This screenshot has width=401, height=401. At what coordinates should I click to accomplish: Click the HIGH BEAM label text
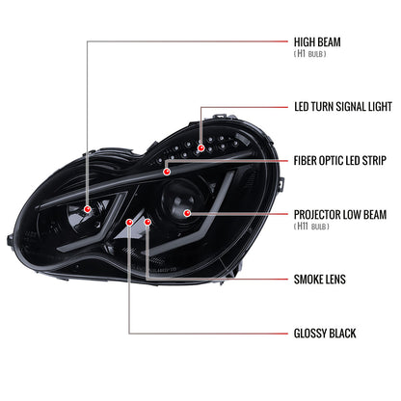[x=317, y=42]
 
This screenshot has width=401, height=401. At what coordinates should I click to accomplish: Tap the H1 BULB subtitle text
[x=310, y=54]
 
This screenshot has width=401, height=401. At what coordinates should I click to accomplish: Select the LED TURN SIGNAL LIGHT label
[x=343, y=107]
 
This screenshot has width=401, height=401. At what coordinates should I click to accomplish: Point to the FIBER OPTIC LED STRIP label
[x=340, y=160]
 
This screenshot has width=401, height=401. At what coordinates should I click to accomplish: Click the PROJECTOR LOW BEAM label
[x=340, y=215]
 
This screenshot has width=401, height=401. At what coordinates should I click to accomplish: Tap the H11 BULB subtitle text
[x=311, y=227]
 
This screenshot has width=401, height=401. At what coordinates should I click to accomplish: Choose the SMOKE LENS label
[x=320, y=280]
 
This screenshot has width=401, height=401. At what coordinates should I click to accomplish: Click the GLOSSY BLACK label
[x=325, y=334]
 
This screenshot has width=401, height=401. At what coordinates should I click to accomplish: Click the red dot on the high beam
[x=87, y=209]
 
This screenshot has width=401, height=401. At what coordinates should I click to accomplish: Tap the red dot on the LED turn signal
[x=200, y=147]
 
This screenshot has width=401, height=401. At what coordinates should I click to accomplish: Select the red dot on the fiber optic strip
[x=167, y=172]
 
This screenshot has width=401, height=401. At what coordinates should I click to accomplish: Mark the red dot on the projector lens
[x=187, y=213]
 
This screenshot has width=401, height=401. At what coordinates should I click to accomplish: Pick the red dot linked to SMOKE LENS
[x=147, y=222]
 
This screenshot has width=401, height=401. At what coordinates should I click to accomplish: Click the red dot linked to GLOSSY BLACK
[x=129, y=222]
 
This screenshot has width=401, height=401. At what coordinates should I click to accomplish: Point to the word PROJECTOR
[x=316, y=215]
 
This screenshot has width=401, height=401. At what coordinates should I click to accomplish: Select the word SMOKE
[x=307, y=280]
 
